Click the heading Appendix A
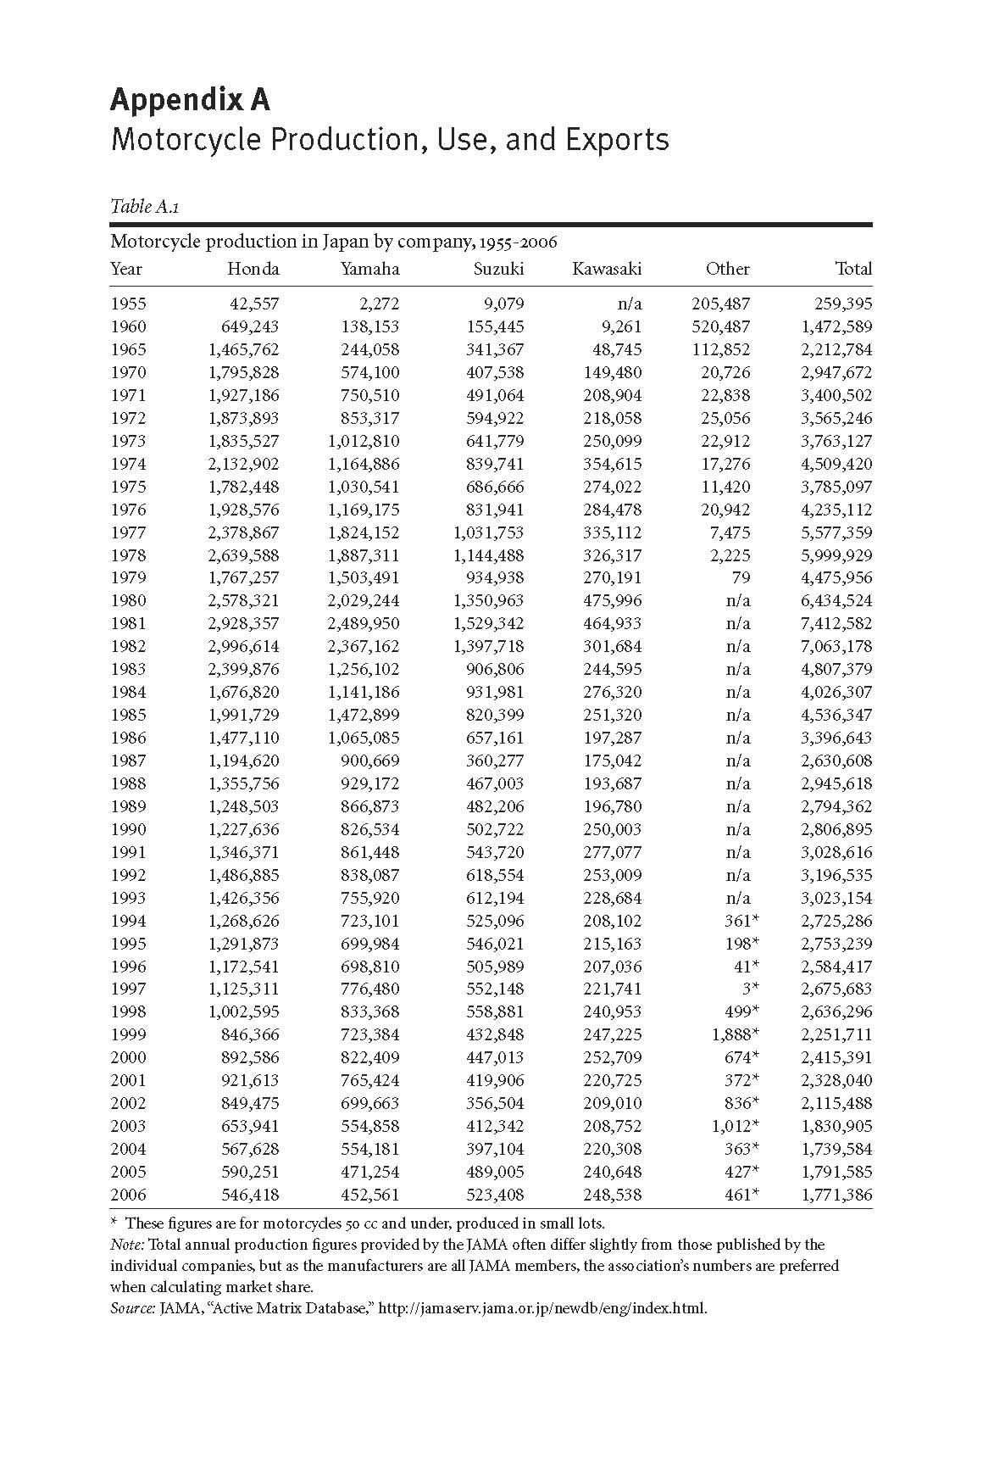coord(190,100)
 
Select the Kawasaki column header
coord(607,269)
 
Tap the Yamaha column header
coord(369,269)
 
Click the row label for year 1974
coord(128,464)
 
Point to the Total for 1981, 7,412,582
coord(836,623)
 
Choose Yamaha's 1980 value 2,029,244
coord(364,600)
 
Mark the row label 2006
coord(128,1195)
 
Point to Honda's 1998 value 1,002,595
coord(243,1011)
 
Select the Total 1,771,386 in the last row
coord(836,1195)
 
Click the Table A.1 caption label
coord(144,206)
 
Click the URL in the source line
coord(542,1307)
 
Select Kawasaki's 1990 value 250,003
coord(612,829)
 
